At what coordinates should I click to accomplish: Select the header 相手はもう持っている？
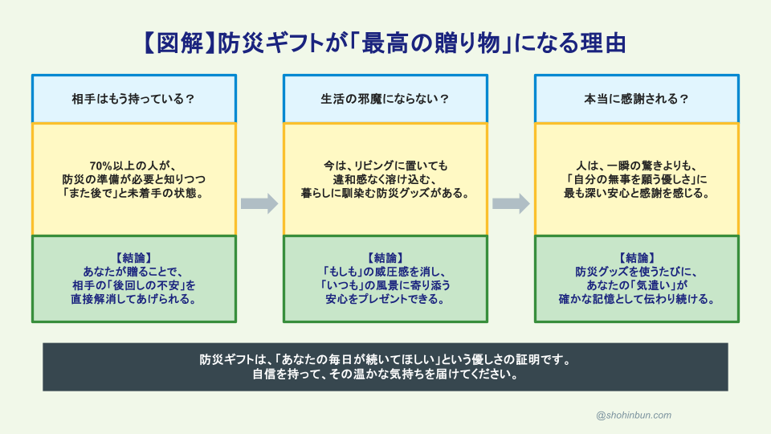(133, 99)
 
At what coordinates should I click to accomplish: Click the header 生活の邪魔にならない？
(385, 99)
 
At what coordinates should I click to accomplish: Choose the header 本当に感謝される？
(637, 99)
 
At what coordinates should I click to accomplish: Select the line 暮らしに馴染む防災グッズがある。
(385, 193)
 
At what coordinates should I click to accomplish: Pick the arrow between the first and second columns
(259, 203)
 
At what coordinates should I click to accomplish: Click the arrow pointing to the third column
(511, 203)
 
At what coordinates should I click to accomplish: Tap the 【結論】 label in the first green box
(133, 258)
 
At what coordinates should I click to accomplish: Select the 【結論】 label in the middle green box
(385, 258)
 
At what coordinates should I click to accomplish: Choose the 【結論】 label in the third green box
(637, 258)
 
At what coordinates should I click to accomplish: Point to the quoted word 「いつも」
(343, 285)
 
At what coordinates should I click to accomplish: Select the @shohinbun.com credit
(634, 415)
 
